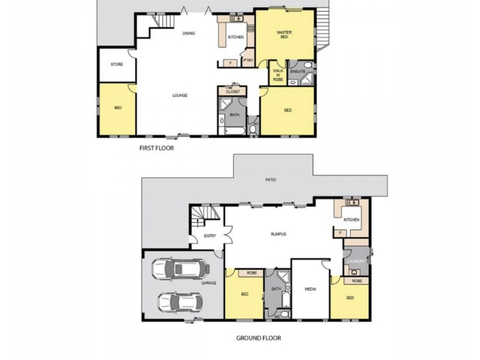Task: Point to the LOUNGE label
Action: click(179, 95)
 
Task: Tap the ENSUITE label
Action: click(298, 72)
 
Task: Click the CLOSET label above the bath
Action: click(233, 91)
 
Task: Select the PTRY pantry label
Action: click(247, 60)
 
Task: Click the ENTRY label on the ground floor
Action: click(209, 236)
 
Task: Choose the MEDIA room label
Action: click(310, 289)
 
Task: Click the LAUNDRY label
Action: click(356, 261)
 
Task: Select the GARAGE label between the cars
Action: click(208, 283)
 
